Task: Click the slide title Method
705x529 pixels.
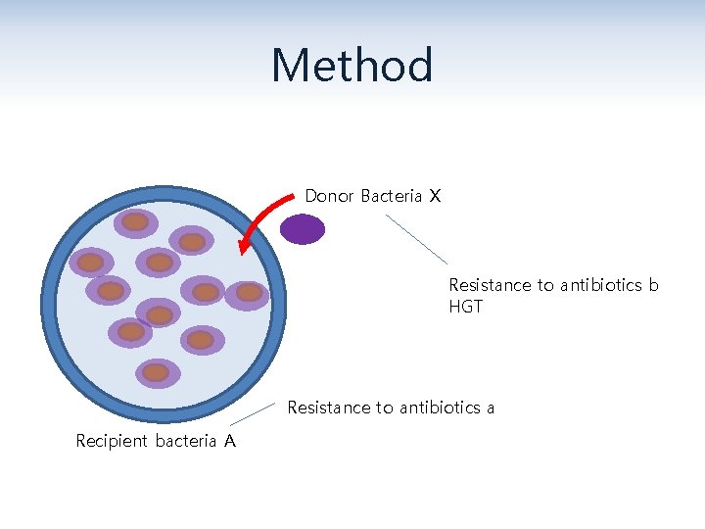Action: tap(352, 66)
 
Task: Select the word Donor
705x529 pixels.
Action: tap(329, 196)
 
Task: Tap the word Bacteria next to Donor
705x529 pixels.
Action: tap(391, 196)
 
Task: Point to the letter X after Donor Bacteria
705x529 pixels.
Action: tap(434, 196)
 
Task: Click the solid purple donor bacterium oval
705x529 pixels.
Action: tap(302, 229)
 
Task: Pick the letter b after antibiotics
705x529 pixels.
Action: tap(654, 285)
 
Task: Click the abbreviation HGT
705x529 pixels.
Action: tap(465, 307)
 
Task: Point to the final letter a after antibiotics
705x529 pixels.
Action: tap(490, 408)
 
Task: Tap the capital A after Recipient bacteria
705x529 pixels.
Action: tap(229, 441)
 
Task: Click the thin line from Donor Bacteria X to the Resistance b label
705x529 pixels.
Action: tap(416, 238)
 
